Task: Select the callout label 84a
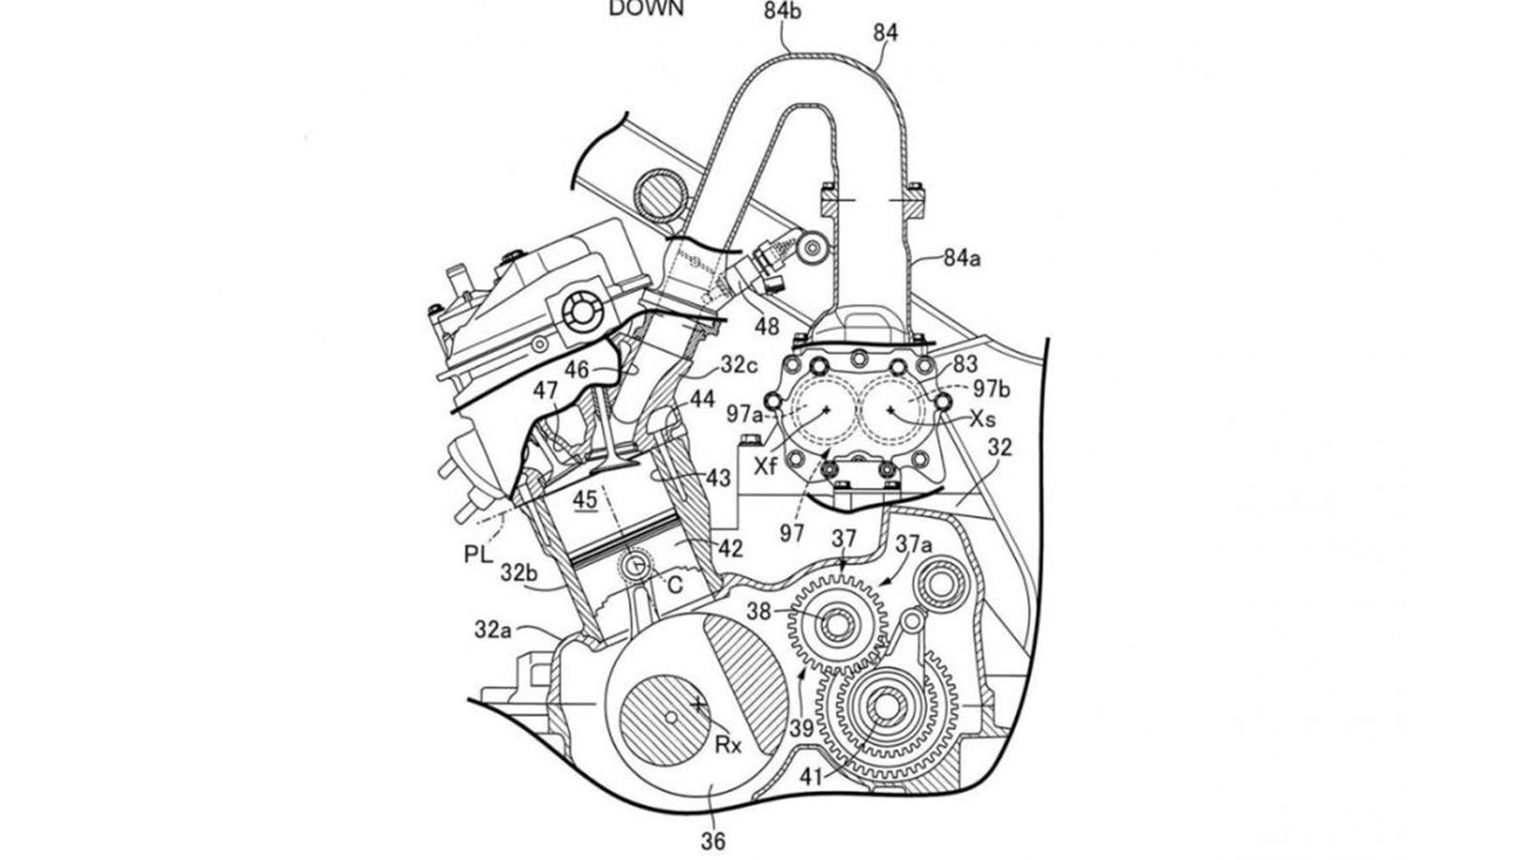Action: pos(962,257)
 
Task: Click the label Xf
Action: pos(766,465)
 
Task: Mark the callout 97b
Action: pos(992,390)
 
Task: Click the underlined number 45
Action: pos(584,499)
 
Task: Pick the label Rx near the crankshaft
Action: pos(729,744)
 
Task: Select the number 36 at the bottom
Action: pos(713,841)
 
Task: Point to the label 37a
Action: pos(915,544)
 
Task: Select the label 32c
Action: pos(739,363)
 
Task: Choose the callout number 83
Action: pos(966,363)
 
